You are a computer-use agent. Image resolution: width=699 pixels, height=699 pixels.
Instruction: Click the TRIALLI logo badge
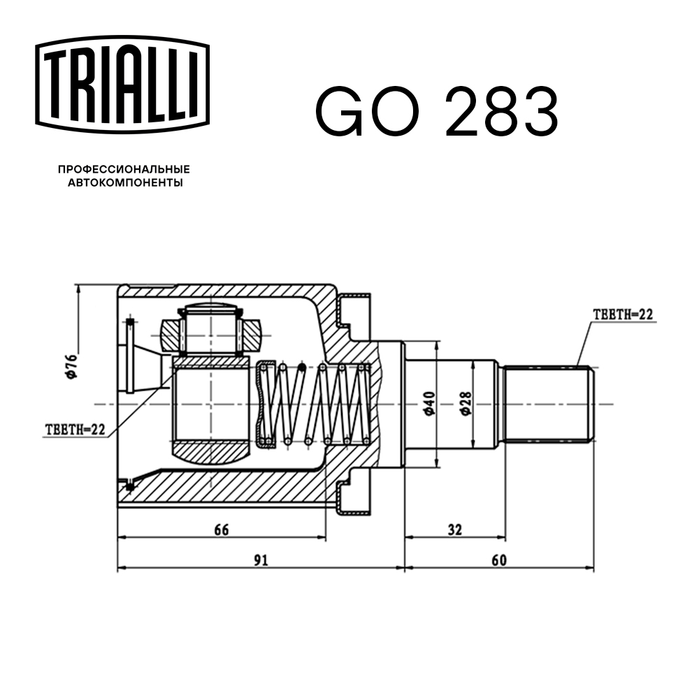pyautogui.click(x=122, y=85)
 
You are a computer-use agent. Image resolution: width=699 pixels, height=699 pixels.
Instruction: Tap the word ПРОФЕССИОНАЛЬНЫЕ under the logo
pyautogui.click(x=124, y=169)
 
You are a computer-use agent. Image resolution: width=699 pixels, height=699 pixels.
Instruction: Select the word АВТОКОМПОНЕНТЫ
pyautogui.click(x=125, y=182)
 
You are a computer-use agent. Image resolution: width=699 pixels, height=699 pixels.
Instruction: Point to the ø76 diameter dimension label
pyautogui.click(x=71, y=366)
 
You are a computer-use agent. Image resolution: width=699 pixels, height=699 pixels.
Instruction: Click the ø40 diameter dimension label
pyautogui.click(x=429, y=404)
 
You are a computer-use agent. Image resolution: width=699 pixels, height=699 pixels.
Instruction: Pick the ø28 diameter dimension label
pyautogui.click(x=466, y=404)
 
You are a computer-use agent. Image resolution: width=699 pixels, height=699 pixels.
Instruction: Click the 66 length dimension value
pyautogui.click(x=221, y=530)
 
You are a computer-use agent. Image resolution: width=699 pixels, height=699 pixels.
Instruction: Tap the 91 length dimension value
pyautogui.click(x=261, y=560)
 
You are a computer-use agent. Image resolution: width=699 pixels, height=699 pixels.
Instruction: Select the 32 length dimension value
pyautogui.click(x=455, y=530)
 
